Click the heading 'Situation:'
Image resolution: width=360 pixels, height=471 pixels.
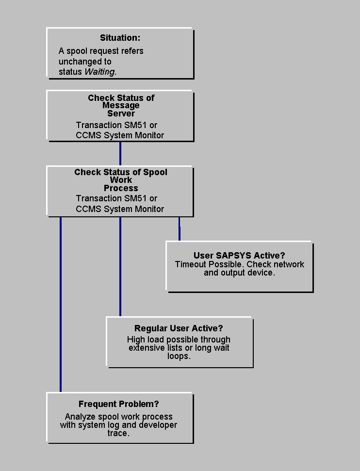tap(120, 38)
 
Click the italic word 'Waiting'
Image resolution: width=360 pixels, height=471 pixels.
tap(100, 72)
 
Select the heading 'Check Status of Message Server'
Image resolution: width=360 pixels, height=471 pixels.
tap(121, 105)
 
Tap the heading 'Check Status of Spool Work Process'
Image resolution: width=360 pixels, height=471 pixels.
tap(121, 180)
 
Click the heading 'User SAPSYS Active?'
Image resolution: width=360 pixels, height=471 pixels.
tap(239, 256)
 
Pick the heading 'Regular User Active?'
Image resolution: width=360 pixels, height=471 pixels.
tap(179, 328)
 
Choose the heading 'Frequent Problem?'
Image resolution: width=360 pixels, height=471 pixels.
tap(119, 404)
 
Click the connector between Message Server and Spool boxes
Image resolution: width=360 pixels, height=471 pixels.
tap(120, 154)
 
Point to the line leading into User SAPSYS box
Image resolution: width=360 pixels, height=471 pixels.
tap(180, 228)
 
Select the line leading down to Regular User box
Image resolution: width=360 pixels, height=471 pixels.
tap(120, 267)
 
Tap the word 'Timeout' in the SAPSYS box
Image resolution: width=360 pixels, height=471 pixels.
tap(191, 264)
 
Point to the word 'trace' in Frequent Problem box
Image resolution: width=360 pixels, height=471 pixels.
tap(118, 433)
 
